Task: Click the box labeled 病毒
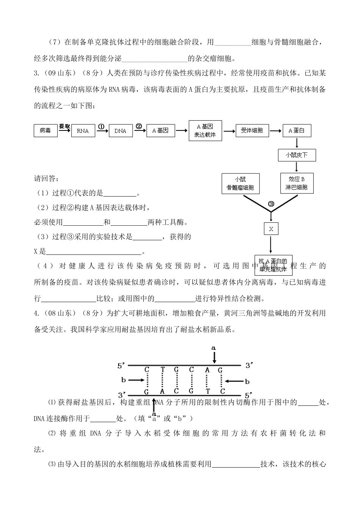tap(45, 130)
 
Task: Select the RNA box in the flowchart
tap(83, 131)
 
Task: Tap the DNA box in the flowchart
tap(120, 131)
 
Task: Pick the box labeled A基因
tap(160, 130)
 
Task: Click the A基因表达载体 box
tap(205, 131)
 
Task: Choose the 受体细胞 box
tap(252, 130)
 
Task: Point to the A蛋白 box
tap(296, 130)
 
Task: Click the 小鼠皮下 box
tap(296, 155)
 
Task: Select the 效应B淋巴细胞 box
tap(296, 184)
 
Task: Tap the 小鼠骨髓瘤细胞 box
tap(240, 184)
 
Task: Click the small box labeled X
tap(271, 229)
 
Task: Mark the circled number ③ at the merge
tap(271, 204)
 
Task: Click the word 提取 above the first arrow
tap(65, 126)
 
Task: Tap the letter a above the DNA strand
tap(213, 347)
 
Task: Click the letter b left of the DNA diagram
tap(123, 379)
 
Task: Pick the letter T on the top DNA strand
tap(162, 370)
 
